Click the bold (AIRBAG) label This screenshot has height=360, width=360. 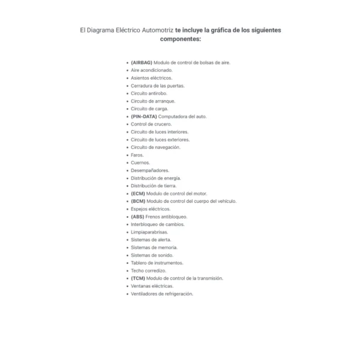[142, 62]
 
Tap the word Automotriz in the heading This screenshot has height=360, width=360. [155, 29]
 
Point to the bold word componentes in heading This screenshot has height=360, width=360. [180, 38]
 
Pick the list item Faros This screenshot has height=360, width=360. [137, 155]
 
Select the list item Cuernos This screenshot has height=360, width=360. [140, 163]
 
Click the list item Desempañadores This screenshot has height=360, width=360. [149, 170]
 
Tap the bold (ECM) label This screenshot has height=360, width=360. [138, 194]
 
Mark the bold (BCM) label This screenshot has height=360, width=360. [138, 202]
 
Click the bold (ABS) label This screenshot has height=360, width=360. [137, 217]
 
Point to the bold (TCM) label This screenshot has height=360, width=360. [138, 278]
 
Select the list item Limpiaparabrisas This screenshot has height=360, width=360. [149, 232]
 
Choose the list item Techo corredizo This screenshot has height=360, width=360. [148, 271]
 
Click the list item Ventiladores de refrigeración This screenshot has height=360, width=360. [162, 294]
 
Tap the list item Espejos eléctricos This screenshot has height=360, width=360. [150, 209]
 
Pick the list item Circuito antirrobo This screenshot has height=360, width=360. [149, 93]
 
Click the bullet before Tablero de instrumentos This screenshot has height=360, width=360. [127, 263]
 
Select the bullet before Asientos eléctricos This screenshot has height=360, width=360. [127, 78]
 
